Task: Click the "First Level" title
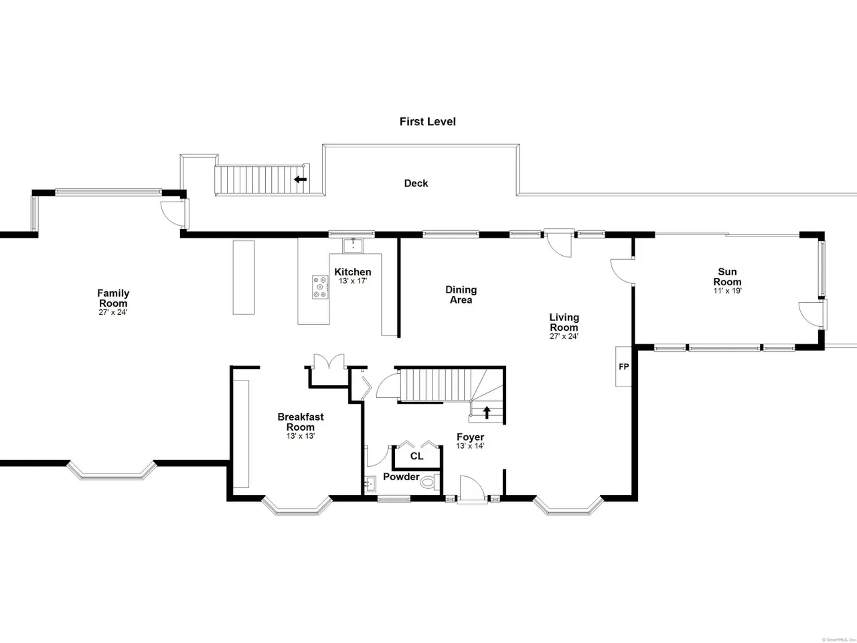428,122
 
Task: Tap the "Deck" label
416,183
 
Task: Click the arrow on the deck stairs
300,180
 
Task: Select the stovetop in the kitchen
320,287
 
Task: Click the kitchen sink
353,245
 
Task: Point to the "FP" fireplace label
624,366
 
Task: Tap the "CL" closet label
416,456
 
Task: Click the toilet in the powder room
429,482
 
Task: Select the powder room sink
369,484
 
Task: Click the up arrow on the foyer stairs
487,413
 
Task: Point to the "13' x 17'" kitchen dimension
353,281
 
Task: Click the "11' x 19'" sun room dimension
727,291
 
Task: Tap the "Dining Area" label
461,295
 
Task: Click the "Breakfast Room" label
301,422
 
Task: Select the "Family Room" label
113,298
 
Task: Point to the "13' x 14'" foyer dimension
470,446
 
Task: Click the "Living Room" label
564,322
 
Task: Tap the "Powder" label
401,477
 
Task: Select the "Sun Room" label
727,277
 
